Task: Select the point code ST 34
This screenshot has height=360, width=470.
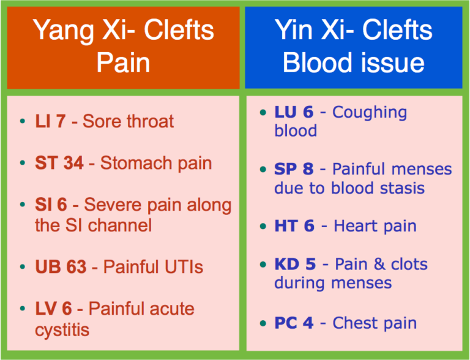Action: (59, 163)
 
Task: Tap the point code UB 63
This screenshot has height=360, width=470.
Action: (61, 267)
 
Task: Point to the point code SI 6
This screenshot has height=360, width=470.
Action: (51, 205)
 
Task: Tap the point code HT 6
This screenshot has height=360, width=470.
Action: (294, 225)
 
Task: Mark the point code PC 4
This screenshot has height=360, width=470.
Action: (294, 323)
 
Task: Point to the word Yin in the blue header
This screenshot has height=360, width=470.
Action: (296, 30)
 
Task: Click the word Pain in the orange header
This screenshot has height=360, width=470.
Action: (123, 63)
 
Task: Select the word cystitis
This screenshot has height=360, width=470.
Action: (62, 330)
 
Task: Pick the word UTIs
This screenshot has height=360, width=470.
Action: (181, 267)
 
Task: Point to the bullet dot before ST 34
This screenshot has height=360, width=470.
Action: (23, 164)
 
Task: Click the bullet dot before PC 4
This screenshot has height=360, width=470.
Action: (263, 323)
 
